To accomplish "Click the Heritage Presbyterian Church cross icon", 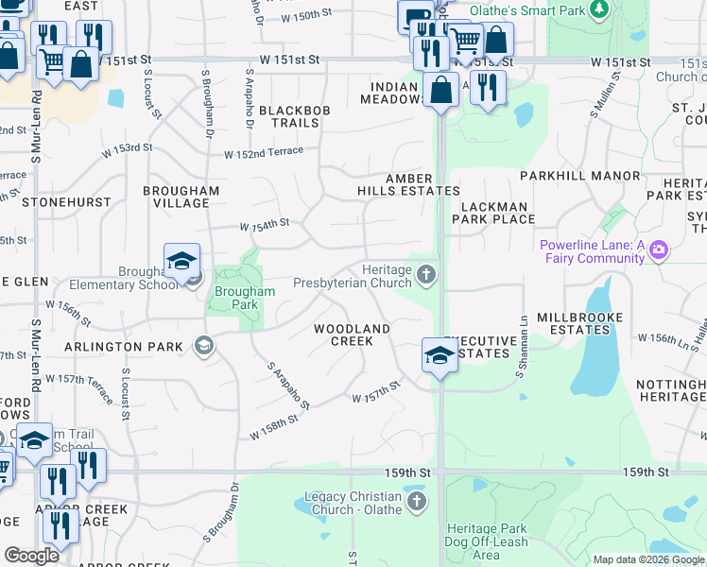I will click(427, 275).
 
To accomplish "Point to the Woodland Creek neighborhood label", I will click(352, 335).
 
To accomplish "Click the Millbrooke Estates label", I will click(573, 323).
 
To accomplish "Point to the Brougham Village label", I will click(181, 197).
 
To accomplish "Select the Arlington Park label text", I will click(124, 347).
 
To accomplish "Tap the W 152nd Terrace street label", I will click(264, 151).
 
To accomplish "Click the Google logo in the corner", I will click(31, 556).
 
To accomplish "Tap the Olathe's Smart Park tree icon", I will click(598, 9).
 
